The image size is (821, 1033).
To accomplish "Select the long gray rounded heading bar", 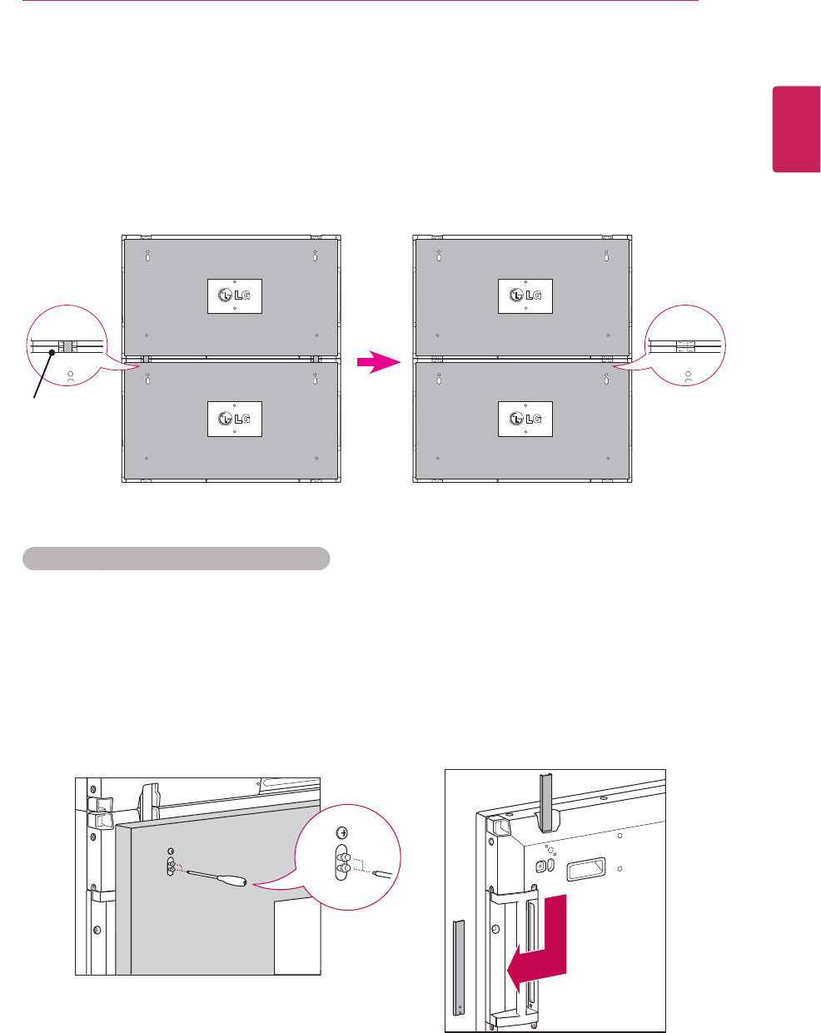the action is (x=176, y=558).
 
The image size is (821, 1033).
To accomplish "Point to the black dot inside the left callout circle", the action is (x=52, y=352).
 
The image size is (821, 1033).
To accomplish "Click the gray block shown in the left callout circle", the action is (x=67, y=345).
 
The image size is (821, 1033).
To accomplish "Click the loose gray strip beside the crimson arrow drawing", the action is (x=457, y=966).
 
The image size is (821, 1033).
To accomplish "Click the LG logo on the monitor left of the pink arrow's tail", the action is (x=234, y=419).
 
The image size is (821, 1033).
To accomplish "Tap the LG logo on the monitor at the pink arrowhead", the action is (x=525, y=419).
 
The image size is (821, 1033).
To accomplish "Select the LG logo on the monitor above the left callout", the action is (x=234, y=295).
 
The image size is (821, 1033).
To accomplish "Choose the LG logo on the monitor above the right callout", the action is (x=525, y=295).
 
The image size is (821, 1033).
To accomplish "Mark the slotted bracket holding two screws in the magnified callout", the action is (x=341, y=862).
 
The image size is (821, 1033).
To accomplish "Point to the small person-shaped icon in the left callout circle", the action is (x=70, y=376).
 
